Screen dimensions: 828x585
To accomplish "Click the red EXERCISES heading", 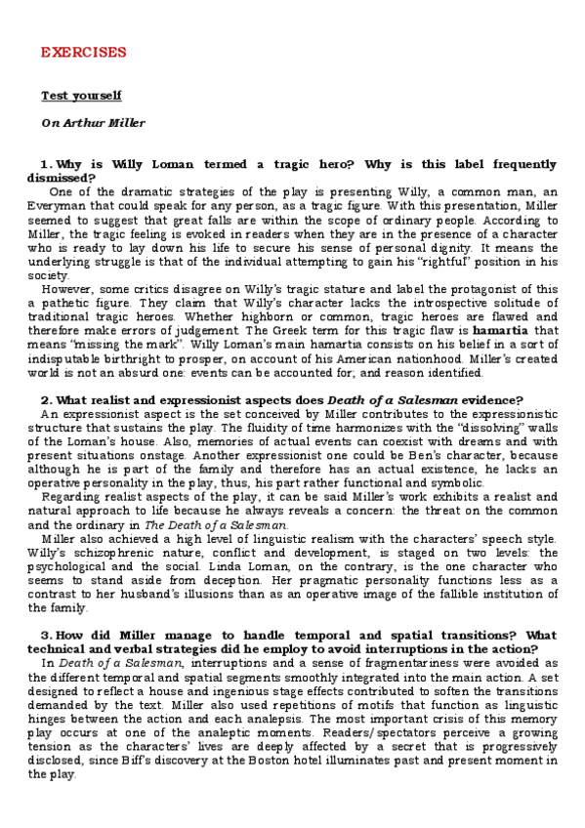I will point(83,52).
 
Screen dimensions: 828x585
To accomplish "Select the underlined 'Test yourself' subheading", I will point(81,96).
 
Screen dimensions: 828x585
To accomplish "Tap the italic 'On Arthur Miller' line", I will point(93,123).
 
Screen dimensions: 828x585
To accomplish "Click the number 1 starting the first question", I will point(45,164).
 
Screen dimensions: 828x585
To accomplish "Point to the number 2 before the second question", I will point(45,399).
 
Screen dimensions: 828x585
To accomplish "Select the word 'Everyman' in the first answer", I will point(60,206).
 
